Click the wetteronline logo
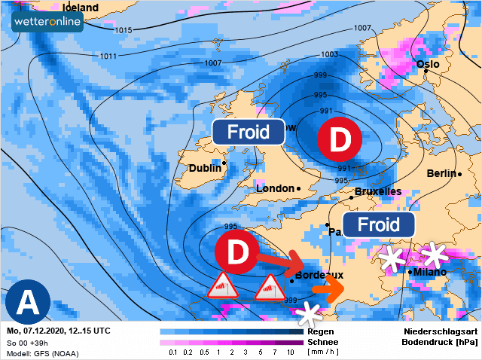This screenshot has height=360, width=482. click(x=48, y=22)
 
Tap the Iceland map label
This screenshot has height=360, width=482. click(x=79, y=7)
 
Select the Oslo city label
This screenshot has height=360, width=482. click(x=427, y=64)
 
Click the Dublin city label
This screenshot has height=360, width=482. click(x=204, y=168)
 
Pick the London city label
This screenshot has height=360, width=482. click(x=275, y=188)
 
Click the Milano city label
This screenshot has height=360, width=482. click(x=429, y=272)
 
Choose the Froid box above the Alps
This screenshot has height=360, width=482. click(x=379, y=224)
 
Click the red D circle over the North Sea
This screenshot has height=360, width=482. click(x=339, y=141)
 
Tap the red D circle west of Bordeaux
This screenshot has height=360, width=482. click(x=236, y=254)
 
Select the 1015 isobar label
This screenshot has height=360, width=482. click(x=124, y=30)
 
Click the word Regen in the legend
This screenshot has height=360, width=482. click(x=321, y=331)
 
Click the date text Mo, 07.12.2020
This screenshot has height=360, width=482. click(x=38, y=331)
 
